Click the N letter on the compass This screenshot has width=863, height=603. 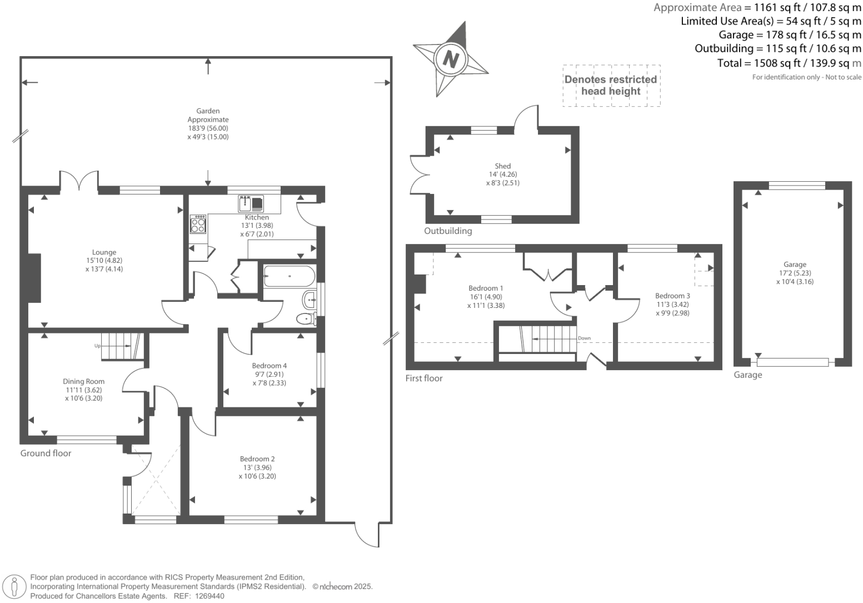pos(451,58)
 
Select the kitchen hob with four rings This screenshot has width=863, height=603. pos(198,225)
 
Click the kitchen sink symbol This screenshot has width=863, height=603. pos(252,203)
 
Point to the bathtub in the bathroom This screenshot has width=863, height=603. pos(289,276)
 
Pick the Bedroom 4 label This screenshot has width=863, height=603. pos(269,366)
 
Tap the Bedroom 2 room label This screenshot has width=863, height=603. pos(257,459)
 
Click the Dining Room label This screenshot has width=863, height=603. pos(83,381)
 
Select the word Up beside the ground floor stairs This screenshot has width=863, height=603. pos(97,346)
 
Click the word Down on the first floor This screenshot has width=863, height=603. pos(584,338)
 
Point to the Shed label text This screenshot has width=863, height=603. pos(502,166)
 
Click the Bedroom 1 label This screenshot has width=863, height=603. pos(486,288)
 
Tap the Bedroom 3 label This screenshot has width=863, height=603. pos(672,296)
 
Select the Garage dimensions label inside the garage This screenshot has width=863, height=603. pos(795,273)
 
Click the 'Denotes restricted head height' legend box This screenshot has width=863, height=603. pos(611,85)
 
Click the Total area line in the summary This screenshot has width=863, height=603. pos(789,63)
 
